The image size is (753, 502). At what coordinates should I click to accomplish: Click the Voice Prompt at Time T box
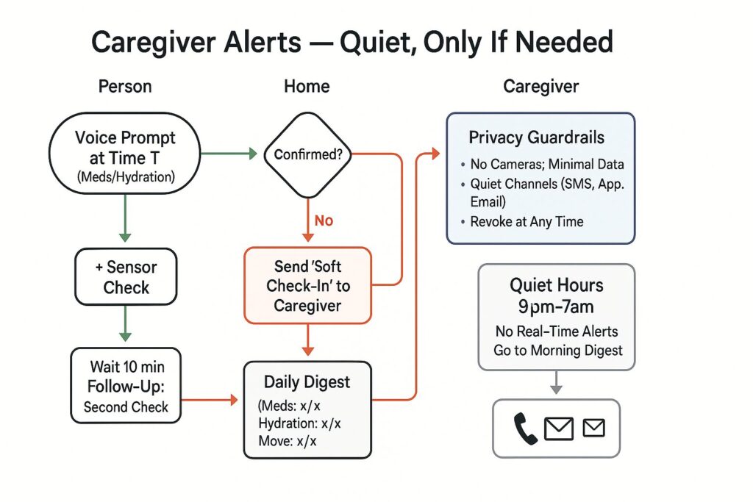(125, 153)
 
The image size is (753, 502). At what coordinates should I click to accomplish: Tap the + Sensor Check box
(126, 276)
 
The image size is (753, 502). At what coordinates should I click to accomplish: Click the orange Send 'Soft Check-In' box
(307, 285)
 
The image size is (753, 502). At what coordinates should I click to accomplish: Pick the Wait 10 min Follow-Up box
(125, 385)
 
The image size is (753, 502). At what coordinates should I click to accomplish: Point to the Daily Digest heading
(307, 382)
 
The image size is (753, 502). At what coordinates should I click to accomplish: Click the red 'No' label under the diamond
(324, 220)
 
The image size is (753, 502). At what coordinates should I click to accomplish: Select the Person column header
(125, 86)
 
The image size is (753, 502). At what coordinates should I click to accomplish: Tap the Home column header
(307, 86)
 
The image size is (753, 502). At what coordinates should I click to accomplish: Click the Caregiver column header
(540, 86)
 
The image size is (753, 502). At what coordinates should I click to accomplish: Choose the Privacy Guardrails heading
(537, 137)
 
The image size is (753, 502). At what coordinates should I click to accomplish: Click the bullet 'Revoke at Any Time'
(527, 221)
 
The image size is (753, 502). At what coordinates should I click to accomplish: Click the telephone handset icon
(526, 429)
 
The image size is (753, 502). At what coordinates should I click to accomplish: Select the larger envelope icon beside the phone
(559, 429)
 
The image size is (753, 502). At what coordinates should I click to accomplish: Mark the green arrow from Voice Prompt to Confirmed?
(228, 154)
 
